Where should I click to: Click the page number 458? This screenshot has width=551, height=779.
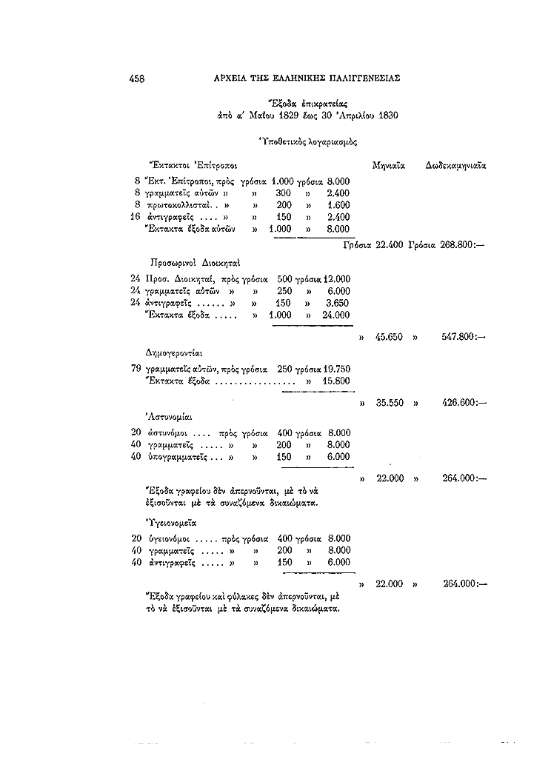pyautogui.click(x=136, y=78)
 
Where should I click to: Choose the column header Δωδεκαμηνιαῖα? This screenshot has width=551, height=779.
pyautogui.click(x=455, y=164)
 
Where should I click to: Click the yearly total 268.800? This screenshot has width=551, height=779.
pyautogui.click(x=461, y=245)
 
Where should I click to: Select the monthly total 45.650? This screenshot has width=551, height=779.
pyautogui.click(x=389, y=336)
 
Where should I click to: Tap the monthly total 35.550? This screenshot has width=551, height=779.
pyautogui.click(x=389, y=404)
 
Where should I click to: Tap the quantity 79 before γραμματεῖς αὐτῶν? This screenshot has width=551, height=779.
pyautogui.click(x=136, y=368)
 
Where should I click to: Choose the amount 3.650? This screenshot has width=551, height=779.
pyautogui.click(x=338, y=303)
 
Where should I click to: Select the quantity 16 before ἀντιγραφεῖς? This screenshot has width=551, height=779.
pyautogui.click(x=136, y=217)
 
